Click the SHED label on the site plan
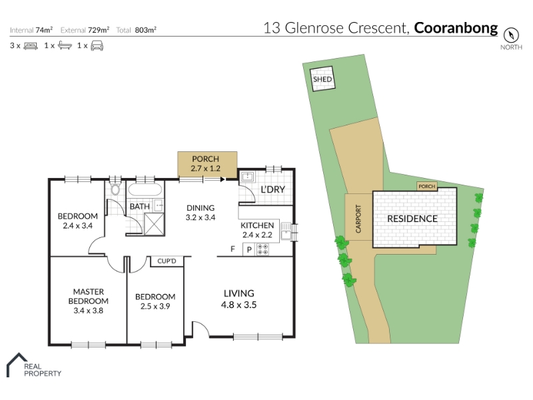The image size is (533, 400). pyautogui.click(x=322, y=79)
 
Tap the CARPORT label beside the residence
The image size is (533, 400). pyautogui.click(x=358, y=219)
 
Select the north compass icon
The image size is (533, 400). pyautogui.click(x=511, y=35)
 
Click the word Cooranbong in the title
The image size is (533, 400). pyautogui.click(x=456, y=28)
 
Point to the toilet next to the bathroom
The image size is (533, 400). pyautogui.click(x=115, y=189)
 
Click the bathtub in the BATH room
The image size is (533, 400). pyautogui.click(x=145, y=189)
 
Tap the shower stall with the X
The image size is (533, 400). pyautogui.click(x=154, y=224)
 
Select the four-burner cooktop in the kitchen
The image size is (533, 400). pyautogui.click(x=263, y=249)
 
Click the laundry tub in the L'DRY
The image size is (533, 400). pyautogui.click(x=247, y=177)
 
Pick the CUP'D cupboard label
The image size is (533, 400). pyautogui.click(x=167, y=261)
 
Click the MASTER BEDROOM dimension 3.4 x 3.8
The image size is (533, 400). pyautogui.click(x=89, y=311)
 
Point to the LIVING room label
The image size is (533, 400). pyautogui.click(x=239, y=293)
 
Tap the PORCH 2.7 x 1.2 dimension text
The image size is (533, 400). pyautogui.click(x=205, y=169)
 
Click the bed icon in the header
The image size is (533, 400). pyautogui.click(x=31, y=46)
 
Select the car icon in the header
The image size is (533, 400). pyautogui.click(x=97, y=45)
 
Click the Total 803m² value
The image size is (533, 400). pyautogui.click(x=145, y=30)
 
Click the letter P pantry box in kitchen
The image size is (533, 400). pyautogui.click(x=249, y=249)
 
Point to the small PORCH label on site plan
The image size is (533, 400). pyautogui.click(x=426, y=187)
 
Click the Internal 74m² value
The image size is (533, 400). pyautogui.click(x=44, y=30)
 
